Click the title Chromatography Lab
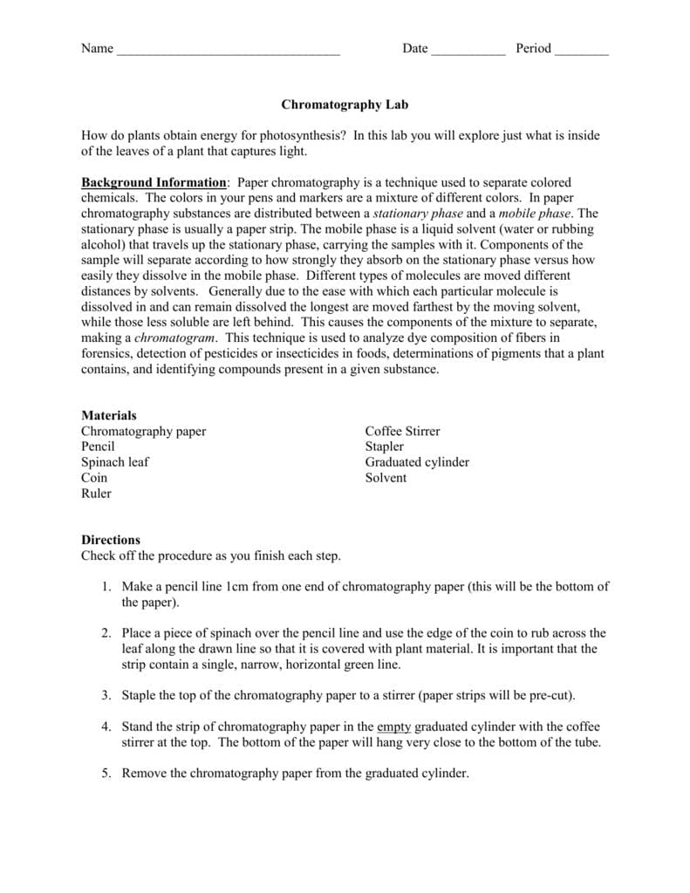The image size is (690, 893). pyautogui.click(x=345, y=105)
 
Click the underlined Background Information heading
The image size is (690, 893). pyautogui.click(x=154, y=182)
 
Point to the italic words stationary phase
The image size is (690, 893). pyautogui.click(x=418, y=213)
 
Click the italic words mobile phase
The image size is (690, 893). pyautogui.click(x=535, y=213)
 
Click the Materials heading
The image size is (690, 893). pyautogui.click(x=109, y=416)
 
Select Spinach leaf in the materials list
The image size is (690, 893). pyautogui.click(x=115, y=462)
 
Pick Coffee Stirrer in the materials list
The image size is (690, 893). pyautogui.click(x=402, y=432)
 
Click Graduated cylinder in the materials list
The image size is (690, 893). pyautogui.click(x=417, y=462)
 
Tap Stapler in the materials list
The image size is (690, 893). pyautogui.click(x=385, y=446)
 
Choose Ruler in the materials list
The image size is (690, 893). pyautogui.click(x=96, y=494)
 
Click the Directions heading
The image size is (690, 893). pyautogui.click(x=111, y=540)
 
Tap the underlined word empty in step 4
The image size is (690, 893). pyautogui.click(x=393, y=726)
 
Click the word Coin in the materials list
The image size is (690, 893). pyautogui.click(x=94, y=478)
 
